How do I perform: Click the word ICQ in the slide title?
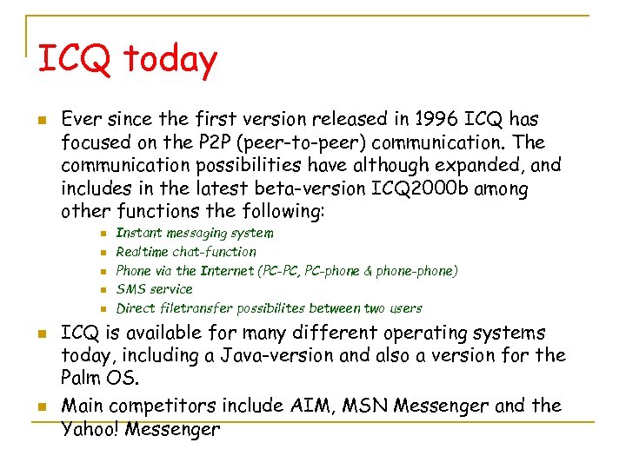[74, 59]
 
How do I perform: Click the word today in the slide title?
[170, 59]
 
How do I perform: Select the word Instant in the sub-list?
[140, 233]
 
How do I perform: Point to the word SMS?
[130, 289]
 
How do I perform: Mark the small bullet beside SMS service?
[102, 290]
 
